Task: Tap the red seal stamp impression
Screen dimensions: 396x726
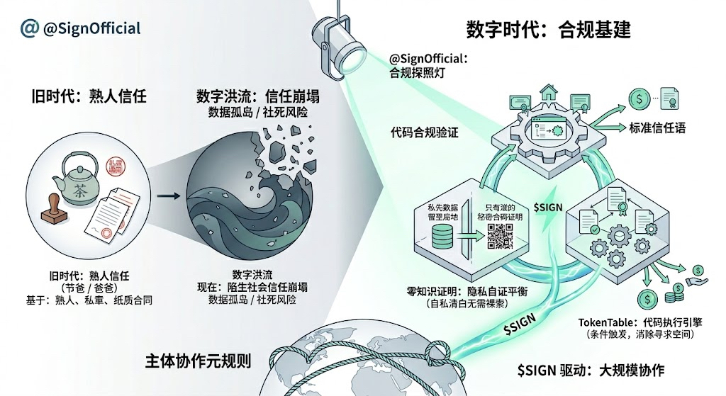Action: pyautogui.click(x=113, y=166)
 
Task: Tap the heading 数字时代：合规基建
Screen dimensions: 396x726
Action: pyautogui.click(x=548, y=30)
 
